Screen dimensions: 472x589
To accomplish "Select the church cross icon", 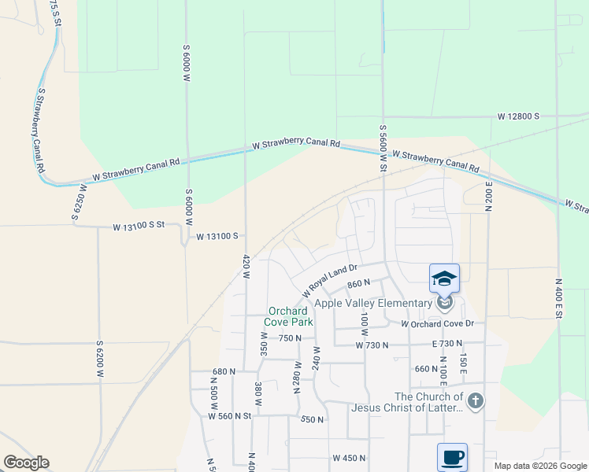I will (475, 401).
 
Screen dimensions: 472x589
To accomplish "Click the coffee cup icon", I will (452, 457).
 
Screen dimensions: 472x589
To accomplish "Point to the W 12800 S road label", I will (517, 116).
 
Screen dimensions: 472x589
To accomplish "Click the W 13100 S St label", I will (138, 227).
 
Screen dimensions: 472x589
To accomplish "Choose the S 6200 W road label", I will (100, 360).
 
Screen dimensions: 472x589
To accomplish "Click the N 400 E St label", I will (558, 298).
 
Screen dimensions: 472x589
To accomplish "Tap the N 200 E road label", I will (488, 192).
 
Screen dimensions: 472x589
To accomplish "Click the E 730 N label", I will (446, 345).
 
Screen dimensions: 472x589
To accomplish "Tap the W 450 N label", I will (350, 458).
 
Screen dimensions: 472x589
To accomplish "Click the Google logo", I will (26, 463).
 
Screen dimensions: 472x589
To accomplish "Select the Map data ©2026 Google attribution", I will (540, 466).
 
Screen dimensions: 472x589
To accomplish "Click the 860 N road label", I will (357, 283).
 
